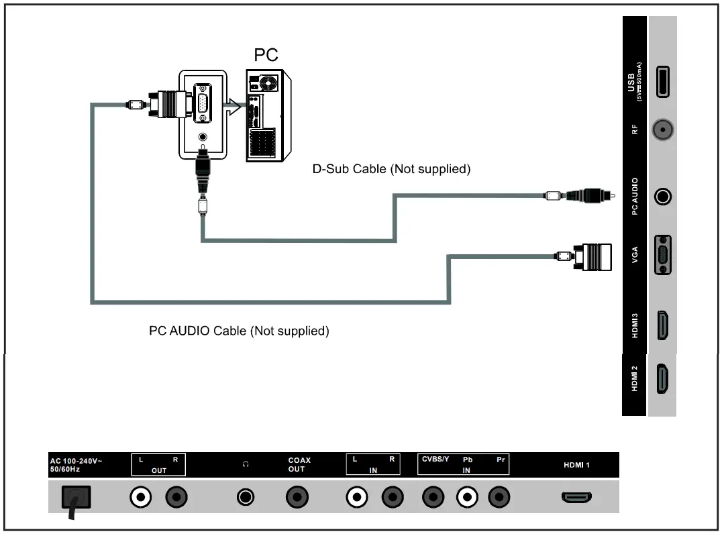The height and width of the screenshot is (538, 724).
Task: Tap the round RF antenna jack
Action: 663,130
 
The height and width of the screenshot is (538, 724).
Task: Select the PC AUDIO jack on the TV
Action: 663,197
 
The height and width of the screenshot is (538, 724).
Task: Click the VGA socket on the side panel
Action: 663,255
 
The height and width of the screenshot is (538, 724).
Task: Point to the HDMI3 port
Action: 662,325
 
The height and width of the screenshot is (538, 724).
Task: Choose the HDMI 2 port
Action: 662,378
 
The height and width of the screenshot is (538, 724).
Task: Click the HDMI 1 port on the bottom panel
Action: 576,497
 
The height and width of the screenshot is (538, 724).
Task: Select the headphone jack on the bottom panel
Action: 246,497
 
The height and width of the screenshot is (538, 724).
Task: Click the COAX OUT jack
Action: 297,497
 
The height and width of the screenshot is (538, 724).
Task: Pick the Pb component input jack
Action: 467,497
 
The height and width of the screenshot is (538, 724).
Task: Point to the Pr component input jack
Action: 499,497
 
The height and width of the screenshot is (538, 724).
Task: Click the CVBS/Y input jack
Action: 433,497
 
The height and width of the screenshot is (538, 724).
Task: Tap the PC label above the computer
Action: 266,55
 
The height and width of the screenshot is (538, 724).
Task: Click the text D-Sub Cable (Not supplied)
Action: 391,169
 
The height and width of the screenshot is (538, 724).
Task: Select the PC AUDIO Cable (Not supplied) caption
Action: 239,331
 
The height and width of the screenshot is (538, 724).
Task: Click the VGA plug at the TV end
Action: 593,256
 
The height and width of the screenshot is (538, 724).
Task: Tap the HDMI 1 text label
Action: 576,465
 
